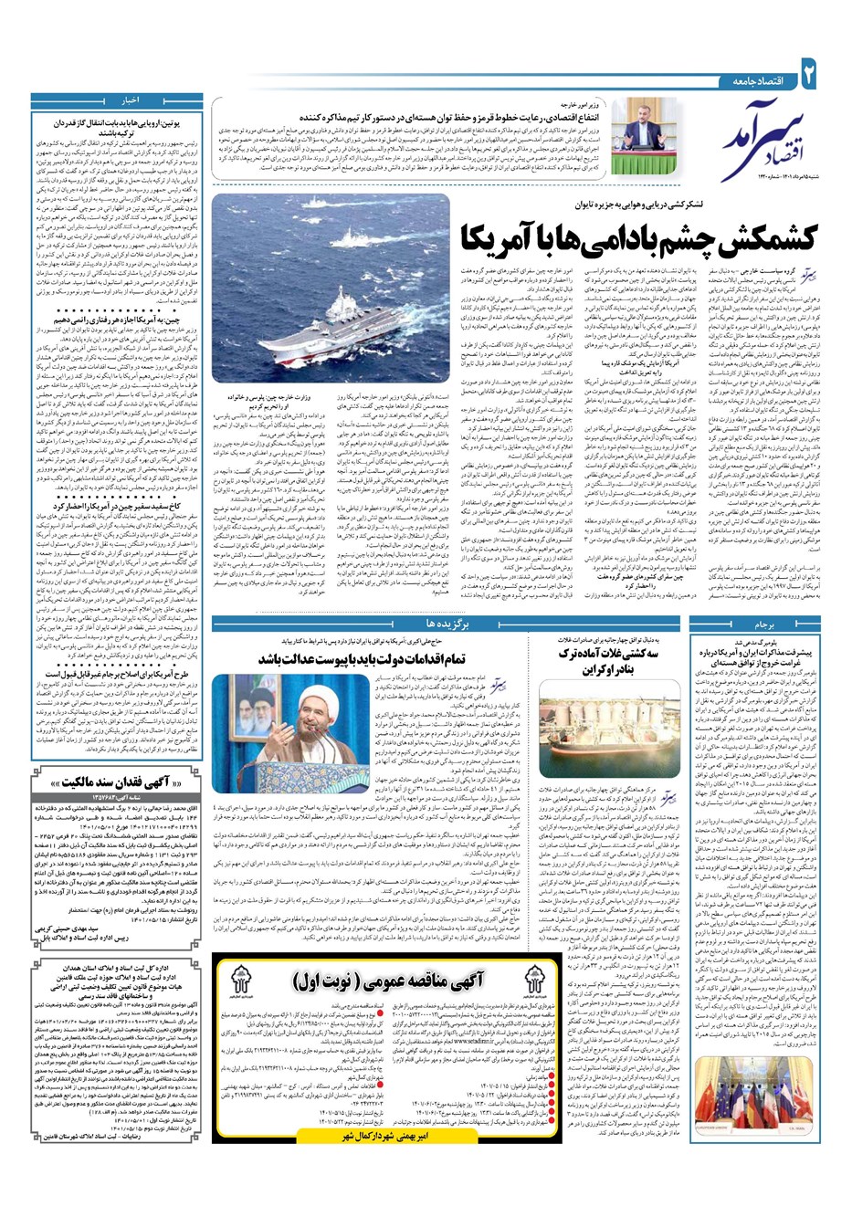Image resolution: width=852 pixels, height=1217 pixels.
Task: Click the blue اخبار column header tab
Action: (x=127, y=99)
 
